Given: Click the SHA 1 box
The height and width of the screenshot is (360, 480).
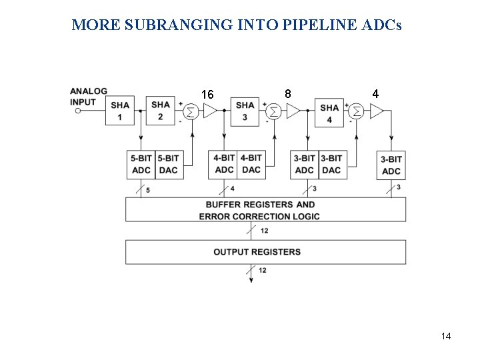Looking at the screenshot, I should point(121,111).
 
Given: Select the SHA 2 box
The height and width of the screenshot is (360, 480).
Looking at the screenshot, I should point(160,111).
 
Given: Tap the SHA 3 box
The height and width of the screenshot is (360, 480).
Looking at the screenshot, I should point(245,111).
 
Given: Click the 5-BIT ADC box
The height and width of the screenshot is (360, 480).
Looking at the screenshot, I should point(141,164).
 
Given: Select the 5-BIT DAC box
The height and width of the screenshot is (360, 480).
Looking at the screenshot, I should point(168,164).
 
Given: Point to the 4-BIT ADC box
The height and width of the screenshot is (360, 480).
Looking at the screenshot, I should point(224,163).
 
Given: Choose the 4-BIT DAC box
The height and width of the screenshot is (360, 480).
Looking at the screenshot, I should point(251,163).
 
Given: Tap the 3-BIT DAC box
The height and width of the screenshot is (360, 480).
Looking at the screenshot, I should point(331,164).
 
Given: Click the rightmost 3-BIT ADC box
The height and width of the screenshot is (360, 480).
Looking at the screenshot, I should point(391,165).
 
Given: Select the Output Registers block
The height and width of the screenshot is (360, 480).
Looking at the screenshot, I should point(265,252).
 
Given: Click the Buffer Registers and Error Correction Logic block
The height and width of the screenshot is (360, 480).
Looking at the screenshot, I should point(265,210).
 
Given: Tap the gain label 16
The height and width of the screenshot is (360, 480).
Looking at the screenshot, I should point(207,95).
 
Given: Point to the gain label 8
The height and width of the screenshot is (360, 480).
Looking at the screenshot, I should point(287,94).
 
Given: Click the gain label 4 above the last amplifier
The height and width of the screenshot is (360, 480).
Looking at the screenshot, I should point(376,94).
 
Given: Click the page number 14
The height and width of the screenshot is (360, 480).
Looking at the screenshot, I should point(446,336).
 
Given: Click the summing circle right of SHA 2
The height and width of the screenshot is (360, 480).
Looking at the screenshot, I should point(190,111).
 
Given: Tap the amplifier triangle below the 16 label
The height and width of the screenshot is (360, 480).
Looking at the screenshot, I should point(210,111).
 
